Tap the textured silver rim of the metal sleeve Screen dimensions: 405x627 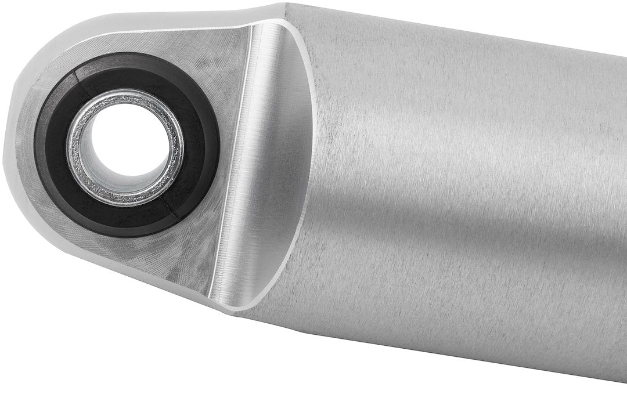(81, 168)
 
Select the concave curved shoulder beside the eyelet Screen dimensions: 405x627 (273, 162)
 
